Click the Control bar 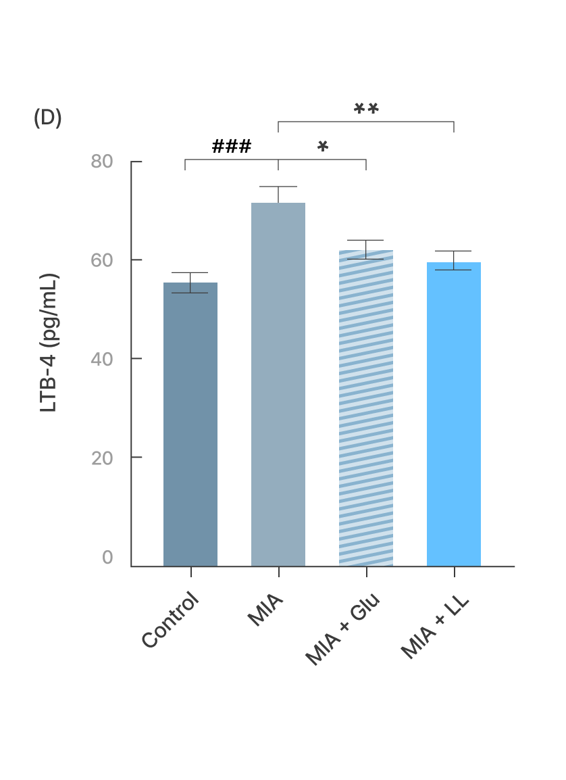(190, 424)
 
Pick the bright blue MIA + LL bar (454, 414)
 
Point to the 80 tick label (102, 162)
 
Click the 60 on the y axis (102, 260)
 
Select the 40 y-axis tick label (102, 359)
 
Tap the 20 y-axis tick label (102, 458)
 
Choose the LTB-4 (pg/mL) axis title (49, 343)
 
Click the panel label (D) (47, 118)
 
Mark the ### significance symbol (232, 147)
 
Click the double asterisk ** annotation (366, 109)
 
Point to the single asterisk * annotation (323, 147)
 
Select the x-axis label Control (172, 620)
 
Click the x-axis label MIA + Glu (343, 629)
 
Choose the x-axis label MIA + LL (435, 627)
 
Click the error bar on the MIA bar (278, 194)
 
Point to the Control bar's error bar (190, 283)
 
